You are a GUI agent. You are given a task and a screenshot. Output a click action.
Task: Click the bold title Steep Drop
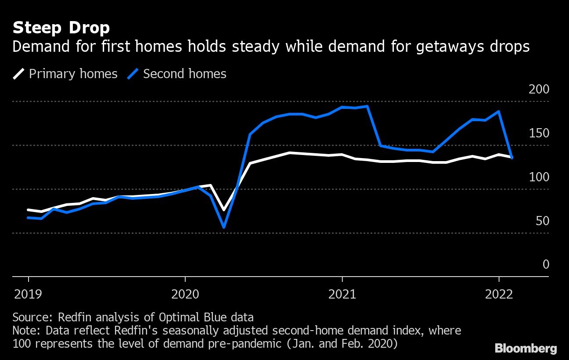click(x=61, y=28)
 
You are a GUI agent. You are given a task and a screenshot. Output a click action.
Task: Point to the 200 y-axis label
click(x=539, y=90)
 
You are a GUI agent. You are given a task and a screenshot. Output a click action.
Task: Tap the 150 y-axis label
click(x=539, y=133)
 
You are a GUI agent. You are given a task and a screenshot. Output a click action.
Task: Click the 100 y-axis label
click(x=539, y=177)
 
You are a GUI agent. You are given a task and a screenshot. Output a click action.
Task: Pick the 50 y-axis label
click(x=543, y=221)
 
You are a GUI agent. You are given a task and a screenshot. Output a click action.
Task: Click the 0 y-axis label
click(x=546, y=264)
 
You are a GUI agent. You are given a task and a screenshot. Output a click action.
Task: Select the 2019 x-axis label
click(x=29, y=294)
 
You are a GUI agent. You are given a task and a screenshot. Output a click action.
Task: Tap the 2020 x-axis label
click(x=185, y=294)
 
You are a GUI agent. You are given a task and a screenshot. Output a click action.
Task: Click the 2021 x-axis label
click(x=342, y=294)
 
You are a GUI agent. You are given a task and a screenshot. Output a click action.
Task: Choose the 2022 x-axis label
click(x=499, y=294)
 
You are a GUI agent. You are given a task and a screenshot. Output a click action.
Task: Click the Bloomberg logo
click(x=526, y=349)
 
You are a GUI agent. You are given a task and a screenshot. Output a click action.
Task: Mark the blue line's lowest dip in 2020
click(x=224, y=227)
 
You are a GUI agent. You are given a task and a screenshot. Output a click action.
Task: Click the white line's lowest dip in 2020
click(x=224, y=210)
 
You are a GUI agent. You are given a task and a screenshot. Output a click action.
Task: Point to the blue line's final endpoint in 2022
click(x=512, y=158)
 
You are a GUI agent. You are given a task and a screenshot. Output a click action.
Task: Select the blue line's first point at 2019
click(x=29, y=217)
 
